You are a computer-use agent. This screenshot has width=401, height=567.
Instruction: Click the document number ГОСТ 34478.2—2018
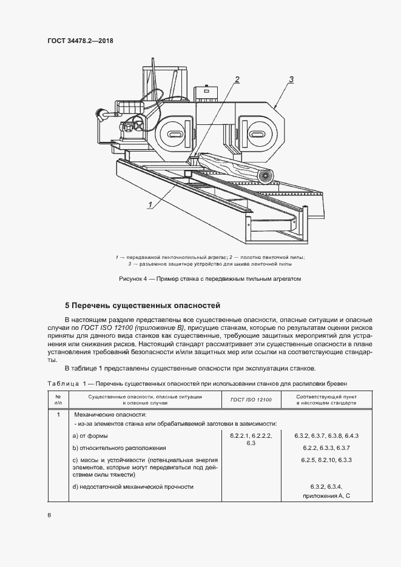click(x=81, y=41)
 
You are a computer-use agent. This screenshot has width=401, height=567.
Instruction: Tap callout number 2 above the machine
click(x=237, y=79)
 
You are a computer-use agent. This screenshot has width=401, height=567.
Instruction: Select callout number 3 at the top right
click(x=292, y=79)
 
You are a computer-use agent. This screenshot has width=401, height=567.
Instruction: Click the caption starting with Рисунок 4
click(x=201, y=279)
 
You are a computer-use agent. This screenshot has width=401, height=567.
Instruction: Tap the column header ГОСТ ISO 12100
click(x=251, y=400)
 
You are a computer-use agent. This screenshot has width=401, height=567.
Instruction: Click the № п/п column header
click(x=58, y=400)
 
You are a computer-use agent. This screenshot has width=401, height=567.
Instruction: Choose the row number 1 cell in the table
click(x=58, y=415)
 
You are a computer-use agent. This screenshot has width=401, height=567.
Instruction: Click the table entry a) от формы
click(x=90, y=437)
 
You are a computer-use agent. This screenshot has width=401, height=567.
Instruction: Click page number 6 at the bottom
click(x=49, y=515)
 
